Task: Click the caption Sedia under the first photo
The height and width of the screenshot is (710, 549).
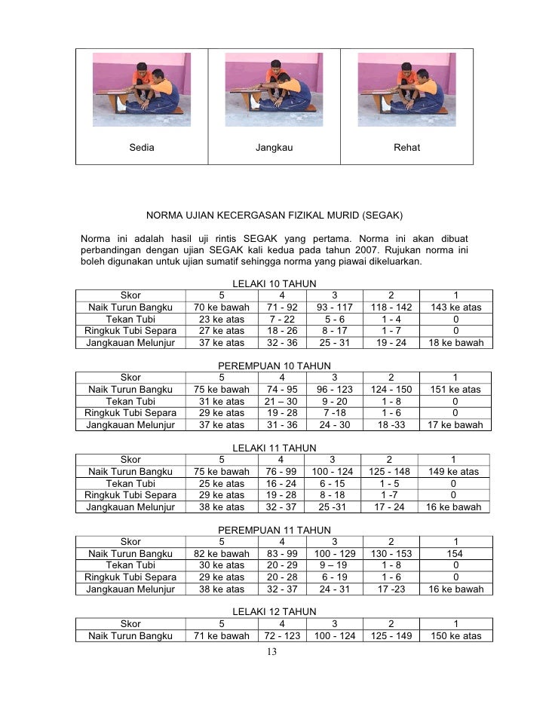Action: tap(141, 147)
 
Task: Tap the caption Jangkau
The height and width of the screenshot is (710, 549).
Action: tap(274, 147)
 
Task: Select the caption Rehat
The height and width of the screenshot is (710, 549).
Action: tap(407, 147)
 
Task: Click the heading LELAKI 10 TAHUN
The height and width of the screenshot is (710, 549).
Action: tap(274, 284)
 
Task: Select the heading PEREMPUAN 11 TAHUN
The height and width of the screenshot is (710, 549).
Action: tap(274, 531)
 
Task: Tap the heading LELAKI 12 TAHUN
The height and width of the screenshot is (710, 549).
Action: tap(274, 611)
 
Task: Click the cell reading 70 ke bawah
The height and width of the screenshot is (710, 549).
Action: tap(221, 308)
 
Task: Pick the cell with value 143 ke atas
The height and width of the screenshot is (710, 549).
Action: tap(455, 308)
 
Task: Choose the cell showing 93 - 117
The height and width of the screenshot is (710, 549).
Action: tap(335, 308)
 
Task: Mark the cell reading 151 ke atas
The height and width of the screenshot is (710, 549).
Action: tap(455, 390)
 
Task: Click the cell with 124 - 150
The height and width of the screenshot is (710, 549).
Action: tap(389, 390)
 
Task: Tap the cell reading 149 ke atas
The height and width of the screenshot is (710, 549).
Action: tap(452, 472)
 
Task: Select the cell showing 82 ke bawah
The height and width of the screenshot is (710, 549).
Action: tap(221, 554)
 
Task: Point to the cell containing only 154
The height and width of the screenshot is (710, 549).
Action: tap(453, 554)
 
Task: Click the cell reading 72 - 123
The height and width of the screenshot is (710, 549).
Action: tap(282, 636)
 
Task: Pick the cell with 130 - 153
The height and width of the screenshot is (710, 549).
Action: tap(389, 554)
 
